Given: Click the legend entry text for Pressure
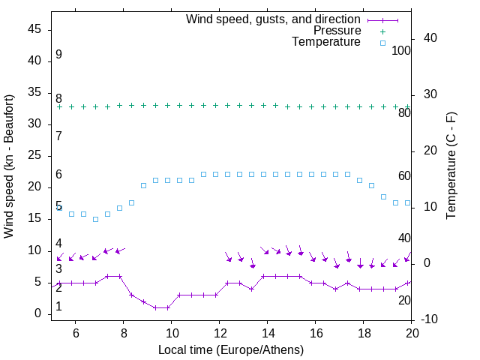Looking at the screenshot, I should [x=337, y=31].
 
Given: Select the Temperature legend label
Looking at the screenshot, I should [x=326, y=42].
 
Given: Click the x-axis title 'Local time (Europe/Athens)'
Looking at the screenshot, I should [x=231, y=349].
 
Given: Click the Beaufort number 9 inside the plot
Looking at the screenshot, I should [x=58, y=55].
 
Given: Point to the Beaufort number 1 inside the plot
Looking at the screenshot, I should [x=58, y=307].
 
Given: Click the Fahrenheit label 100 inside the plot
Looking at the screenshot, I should [x=401, y=50].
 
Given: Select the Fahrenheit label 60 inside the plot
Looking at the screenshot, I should [x=404, y=175].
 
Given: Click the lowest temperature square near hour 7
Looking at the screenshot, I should [x=95, y=219].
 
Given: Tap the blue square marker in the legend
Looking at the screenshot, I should [x=382, y=43].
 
